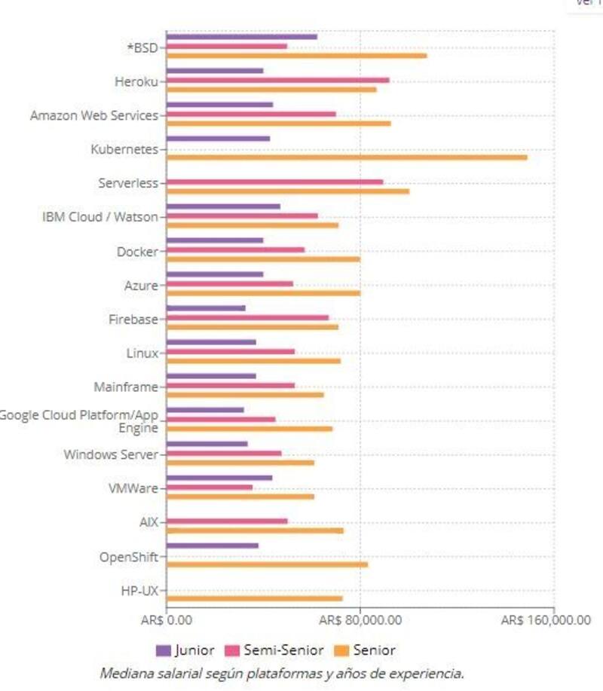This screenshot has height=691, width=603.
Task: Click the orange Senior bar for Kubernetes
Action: click(x=346, y=157)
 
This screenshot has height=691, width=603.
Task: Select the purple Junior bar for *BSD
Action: click(x=241, y=36)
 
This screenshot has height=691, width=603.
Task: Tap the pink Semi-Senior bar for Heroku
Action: click(x=277, y=80)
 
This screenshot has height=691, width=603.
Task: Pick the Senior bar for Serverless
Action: click(x=287, y=191)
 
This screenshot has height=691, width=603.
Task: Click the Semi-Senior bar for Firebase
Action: click(x=247, y=317)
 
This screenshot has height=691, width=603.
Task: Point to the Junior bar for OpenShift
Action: click(x=212, y=546)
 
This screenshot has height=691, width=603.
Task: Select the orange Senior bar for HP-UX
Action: click(x=254, y=598)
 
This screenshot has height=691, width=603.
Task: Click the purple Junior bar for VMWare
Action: click(x=219, y=478)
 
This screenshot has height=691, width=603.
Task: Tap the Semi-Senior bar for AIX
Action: click(x=226, y=521)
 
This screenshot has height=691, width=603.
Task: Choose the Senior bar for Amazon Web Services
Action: click(x=278, y=123)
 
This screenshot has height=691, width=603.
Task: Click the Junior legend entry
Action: click(x=185, y=650)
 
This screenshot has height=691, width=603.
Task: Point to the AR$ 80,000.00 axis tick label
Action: click(x=360, y=619)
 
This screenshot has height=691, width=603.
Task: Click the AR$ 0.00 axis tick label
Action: click(x=166, y=619)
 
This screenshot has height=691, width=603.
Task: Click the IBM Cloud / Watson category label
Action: click(x=100, y=217)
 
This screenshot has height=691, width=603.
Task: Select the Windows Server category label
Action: click(x=111, y=454)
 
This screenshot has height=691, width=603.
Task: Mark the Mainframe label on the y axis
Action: click(x=126, y=387)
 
